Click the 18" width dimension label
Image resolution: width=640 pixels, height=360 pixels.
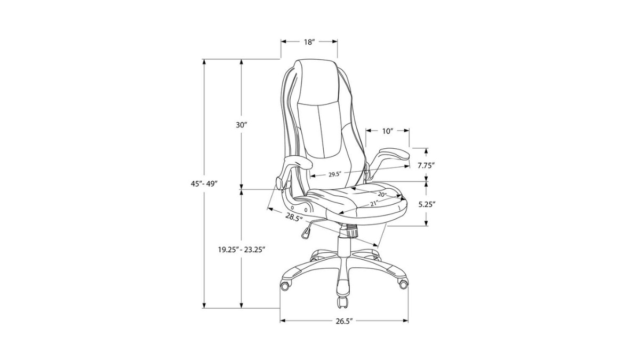click(x=309, y=42)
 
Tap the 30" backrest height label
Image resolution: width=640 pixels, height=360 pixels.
click(x=242, y=125)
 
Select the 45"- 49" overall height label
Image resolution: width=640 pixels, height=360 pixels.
click(x=203, y=183)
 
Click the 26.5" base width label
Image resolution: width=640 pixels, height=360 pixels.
click(x=345, y=321)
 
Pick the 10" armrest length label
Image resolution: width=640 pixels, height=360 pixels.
click(x=388, y=131)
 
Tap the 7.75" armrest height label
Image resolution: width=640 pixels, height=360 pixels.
click(x=426, y=165)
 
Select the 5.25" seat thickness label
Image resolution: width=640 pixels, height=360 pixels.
click(x=427, y=204)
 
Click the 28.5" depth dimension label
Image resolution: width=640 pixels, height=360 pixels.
click(x=293, y=217)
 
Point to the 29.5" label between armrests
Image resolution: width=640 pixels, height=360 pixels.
click(x=334, y=174)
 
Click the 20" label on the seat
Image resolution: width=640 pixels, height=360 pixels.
click(x=382, y=195)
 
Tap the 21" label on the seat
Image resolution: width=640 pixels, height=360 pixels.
click(x=374, y=204)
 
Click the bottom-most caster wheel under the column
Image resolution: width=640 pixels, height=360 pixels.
click(x=342, y=302)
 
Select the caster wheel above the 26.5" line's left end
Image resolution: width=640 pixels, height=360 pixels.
click(x=286, y=285)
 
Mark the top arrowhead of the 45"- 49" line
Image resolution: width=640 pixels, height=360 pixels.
click(x=204, y=61)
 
